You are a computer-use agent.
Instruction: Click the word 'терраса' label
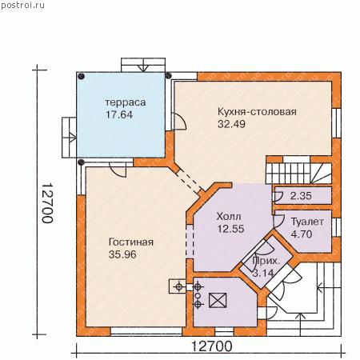[126, 102]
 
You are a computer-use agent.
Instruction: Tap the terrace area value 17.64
[119, 114]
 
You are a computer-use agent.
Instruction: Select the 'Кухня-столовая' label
[257, 112]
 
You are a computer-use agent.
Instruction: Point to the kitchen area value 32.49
[231, 124]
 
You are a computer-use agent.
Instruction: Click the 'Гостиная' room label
[131, 242]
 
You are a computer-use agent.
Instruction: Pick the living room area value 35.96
[122, 254]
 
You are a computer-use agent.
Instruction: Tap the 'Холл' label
[229, 216]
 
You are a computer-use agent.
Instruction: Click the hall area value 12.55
[230, 229]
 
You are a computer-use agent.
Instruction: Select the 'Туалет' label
[307, 222]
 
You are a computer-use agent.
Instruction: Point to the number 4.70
[302, 234]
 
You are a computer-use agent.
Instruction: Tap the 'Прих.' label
[266, 261]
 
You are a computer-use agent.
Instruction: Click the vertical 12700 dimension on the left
[47, 202]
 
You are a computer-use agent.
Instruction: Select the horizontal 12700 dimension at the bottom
[212, 346]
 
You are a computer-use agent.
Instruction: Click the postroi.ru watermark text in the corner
[22, 5]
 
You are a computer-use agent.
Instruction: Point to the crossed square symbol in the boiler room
[218, 301]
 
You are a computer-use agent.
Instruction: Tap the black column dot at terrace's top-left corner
[82, 77]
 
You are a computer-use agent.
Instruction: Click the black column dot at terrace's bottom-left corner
[82, 162]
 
